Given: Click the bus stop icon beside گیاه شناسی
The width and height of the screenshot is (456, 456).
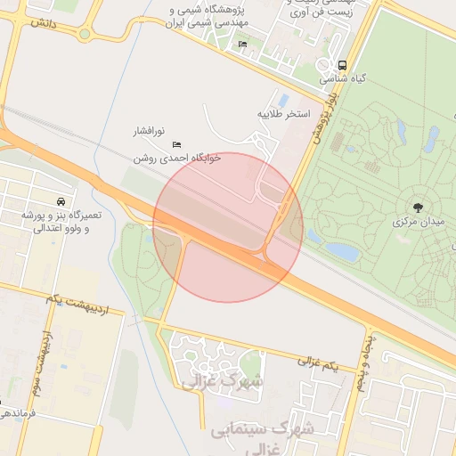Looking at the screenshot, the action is (343, 65).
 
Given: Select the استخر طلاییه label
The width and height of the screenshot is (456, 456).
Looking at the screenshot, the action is (283, 114).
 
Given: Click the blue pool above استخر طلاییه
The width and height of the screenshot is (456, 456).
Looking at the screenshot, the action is (283, 100).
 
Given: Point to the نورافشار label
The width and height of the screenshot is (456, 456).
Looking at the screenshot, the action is (154, 131).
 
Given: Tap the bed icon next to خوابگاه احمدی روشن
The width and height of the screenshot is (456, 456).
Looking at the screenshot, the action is (176, 142).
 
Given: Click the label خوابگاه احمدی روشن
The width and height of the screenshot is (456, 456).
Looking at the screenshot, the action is (175, 157).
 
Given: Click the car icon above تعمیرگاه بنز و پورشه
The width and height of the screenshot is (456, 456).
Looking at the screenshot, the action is (60, 201).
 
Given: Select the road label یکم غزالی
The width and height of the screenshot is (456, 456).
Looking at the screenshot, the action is (319, 365).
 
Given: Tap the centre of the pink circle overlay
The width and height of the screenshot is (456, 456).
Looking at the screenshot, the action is (229, 227).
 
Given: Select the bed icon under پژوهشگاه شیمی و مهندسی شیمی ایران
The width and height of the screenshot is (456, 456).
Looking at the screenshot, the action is (242, 45).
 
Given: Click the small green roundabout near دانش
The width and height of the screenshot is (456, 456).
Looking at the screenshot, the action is (84, 34).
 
